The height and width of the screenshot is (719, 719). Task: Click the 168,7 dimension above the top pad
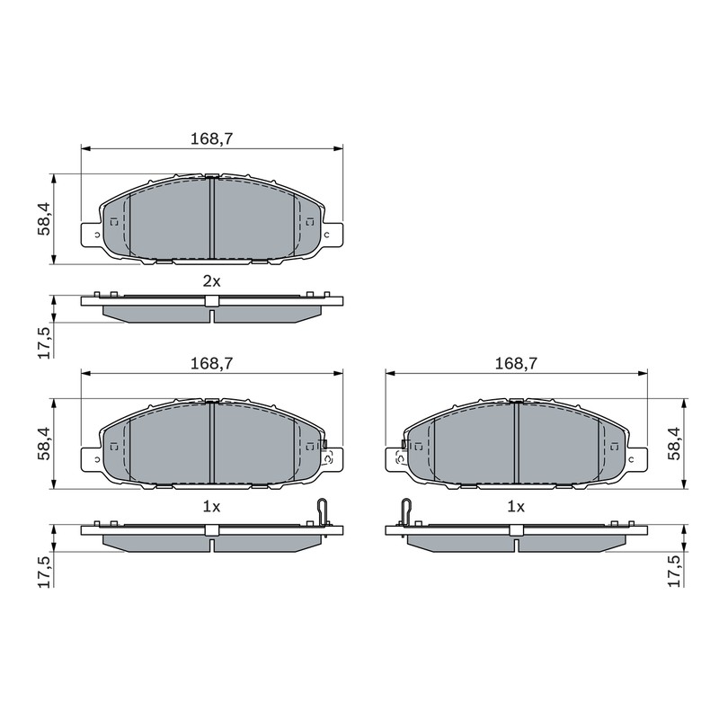(x=212, y=138)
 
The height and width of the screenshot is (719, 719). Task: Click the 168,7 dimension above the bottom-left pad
(x=212, y=364)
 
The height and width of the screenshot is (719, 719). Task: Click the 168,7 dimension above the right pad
(x=516, y=364)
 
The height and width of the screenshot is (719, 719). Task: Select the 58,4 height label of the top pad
(x=44, y=219)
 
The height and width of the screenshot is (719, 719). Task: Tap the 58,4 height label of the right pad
(x=674, y=443)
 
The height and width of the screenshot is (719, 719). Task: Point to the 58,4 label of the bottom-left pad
(x=44, y=443)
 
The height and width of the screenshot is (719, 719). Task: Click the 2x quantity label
(x=212, y=281)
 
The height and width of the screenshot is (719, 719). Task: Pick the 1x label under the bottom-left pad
(x=212, y=507)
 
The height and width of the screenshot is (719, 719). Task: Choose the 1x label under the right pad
(x=516, y=507)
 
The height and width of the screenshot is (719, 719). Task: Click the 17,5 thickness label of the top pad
(x=44, y=342)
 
